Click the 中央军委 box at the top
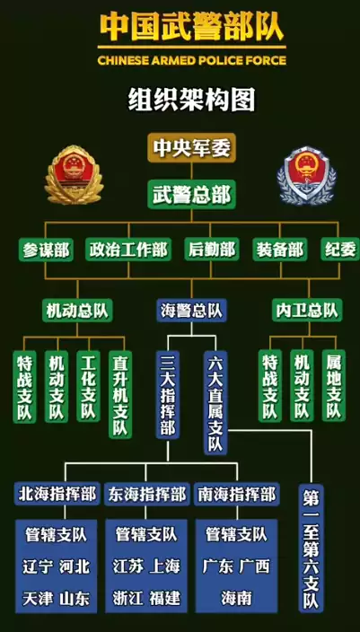pyautogui.click(x=191, y=148)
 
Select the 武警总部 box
pyautogui.click(x=191, y=194)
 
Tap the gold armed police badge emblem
pyautogui.click(x=74, y=175)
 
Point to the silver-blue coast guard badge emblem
pyautogui.click(x=306, y=176)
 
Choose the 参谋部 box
pyautogui.click(x=46, y=250)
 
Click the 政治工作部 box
pyautogui.click(x=128, y=250)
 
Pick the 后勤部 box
pyautogui.click(x=212, y=250)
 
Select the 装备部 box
pyautogui.click(x=280, y=250)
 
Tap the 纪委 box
pyautogui.click(x=340, y=250)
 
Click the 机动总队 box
pyautogui.click(x=77, y=311)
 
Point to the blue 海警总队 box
pyautogui.click(x=191, y=311)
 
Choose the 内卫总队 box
pyautogui.click(x=307, y=311)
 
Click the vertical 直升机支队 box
pyautogui.click(x=120, y=394)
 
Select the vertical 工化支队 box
pyautogui.click(x=88, y=386)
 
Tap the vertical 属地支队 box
pyautogui.click(x=334, y=386)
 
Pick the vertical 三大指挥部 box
pyautogui.click(x=168, y=394)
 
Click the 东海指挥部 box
pyautogui.click(x=146, y=494)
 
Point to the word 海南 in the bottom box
pyautogui.click(x=236, y=598)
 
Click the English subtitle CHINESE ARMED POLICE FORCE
pyautogui.click(x=192, y=60)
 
